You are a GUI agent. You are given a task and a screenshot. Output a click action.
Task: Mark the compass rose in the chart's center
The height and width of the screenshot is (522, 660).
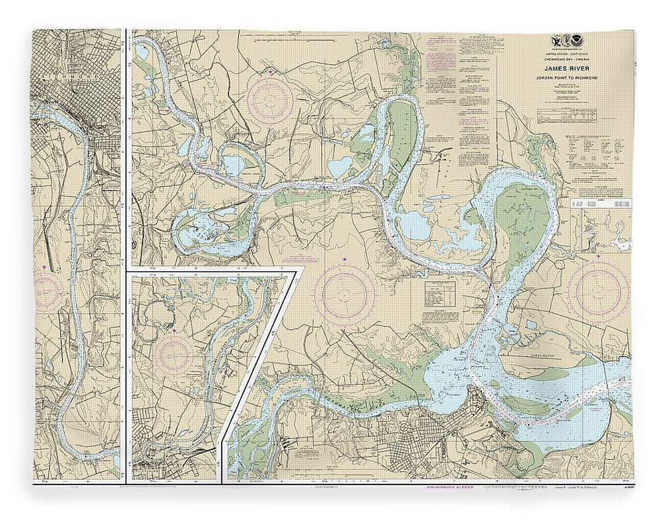pos(345,292)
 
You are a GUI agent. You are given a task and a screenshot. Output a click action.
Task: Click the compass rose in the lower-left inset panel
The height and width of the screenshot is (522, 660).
pos(174,357)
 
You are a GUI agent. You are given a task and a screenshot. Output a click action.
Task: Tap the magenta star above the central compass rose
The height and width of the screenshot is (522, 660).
pos(344,259)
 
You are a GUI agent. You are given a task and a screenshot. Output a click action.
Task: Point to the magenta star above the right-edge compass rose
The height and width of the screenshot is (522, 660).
pos(598,255)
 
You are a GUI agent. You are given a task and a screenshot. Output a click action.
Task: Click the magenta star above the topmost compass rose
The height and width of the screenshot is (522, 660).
pos(270,71)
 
